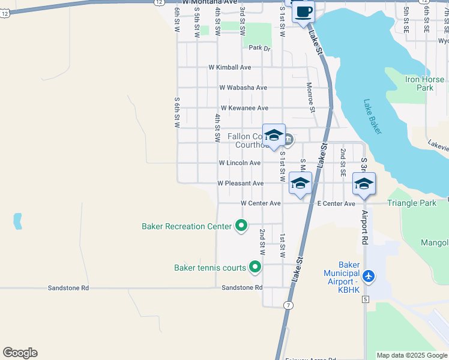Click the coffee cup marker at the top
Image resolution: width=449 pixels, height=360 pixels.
click(303, 12)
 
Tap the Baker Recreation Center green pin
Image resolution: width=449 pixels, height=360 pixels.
click(241, 226)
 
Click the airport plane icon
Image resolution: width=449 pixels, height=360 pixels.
click(368, 277)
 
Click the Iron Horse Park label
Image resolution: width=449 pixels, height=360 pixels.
click(424, 83)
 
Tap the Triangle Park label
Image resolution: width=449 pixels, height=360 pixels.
click(412, 203)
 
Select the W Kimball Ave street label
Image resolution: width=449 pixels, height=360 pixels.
click(230, 68)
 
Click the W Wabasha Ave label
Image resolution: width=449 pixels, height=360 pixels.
click(243, 88)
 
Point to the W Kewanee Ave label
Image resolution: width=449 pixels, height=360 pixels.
click(244, 108)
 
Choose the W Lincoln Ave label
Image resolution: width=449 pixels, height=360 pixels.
click(240, 163)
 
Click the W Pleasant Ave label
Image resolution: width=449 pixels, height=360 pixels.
click(240, 183)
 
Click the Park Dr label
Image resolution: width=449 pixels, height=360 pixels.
click(260, 48)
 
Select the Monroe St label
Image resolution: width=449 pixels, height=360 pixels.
click(311, 97)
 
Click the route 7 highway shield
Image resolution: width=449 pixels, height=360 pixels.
click(289, 305)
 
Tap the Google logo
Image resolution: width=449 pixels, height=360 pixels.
click(20, 353)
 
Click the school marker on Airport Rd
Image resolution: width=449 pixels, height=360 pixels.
click(364, 184)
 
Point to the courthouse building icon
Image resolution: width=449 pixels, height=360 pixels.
click(288, 140)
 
